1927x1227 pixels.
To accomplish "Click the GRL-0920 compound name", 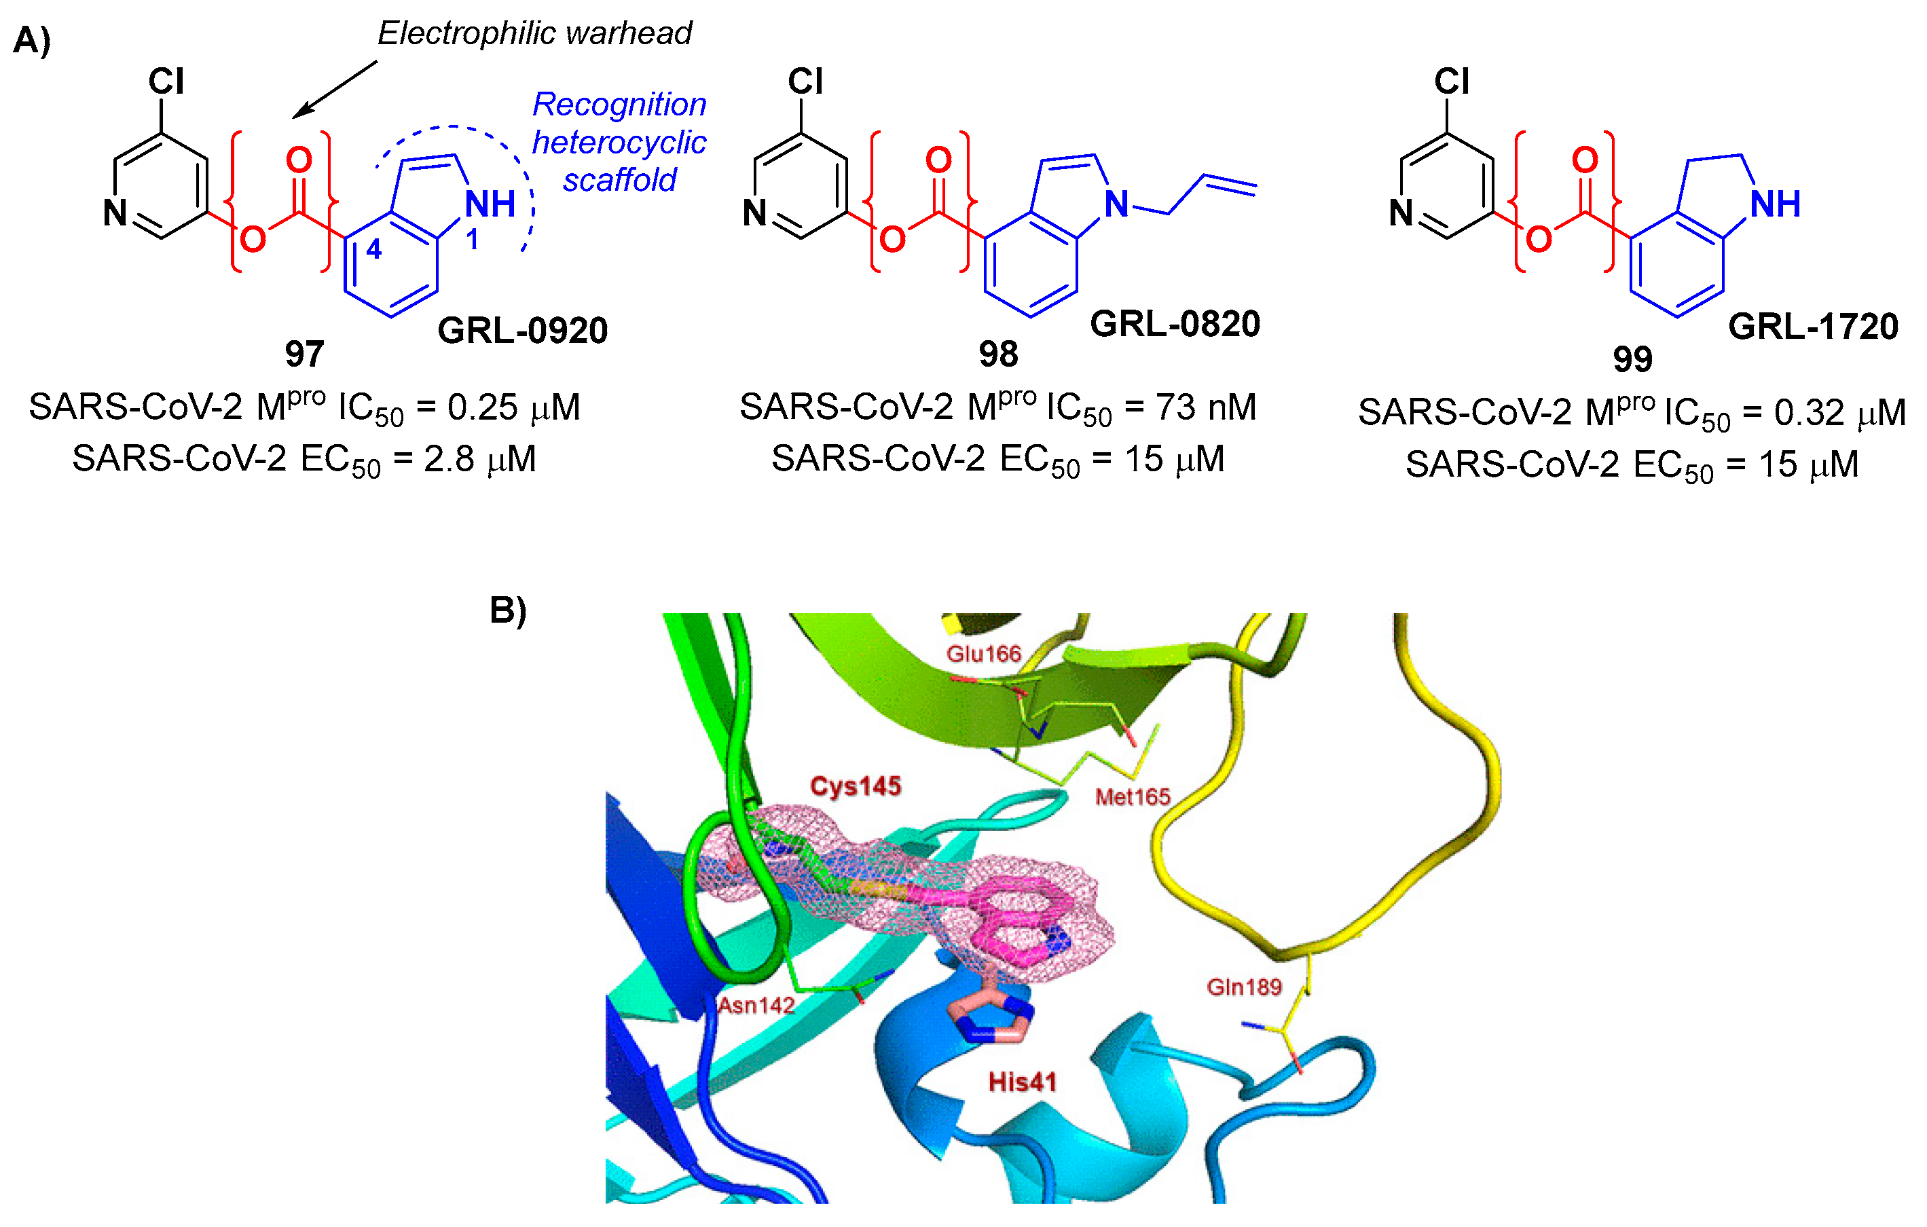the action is point(523,330).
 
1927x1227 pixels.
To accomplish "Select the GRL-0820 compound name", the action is point(1175,323).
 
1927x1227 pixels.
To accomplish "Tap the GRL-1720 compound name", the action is point(1812,327).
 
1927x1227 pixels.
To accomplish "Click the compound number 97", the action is point(304,354).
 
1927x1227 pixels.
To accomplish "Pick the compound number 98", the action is point(998,354).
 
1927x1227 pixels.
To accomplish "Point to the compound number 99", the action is point(1632,359).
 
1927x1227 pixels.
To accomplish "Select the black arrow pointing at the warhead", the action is point(335,89).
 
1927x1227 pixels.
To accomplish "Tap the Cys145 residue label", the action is point(856,786).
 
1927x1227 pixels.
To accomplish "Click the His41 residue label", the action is point(1022,1082).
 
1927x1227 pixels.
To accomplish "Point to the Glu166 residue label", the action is point(983,654).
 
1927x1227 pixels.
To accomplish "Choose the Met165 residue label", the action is point(1133,796).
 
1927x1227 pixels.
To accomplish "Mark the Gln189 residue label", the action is point(1245,987).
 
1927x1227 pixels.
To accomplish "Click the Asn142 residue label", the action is point(756,1005).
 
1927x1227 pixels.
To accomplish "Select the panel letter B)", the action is point(508,610).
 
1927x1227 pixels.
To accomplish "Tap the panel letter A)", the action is point(32,40).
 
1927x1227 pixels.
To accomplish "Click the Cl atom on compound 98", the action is point(805,81).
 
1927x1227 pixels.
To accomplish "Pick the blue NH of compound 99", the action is point(1775,204).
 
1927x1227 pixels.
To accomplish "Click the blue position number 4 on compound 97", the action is point(373,250).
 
